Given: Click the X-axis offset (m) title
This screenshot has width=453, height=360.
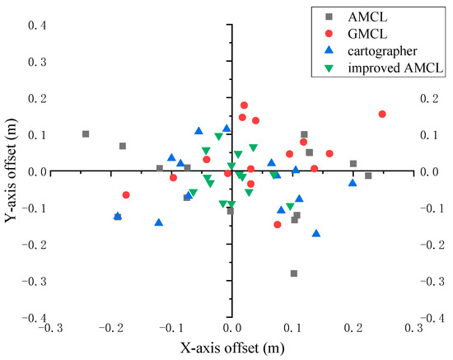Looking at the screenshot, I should point(232,348).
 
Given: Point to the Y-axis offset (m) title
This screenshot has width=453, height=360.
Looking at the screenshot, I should point(12,171).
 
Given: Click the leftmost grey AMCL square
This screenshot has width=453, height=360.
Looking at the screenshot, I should point(86,134).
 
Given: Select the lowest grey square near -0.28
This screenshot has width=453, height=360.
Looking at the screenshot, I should point(293,274).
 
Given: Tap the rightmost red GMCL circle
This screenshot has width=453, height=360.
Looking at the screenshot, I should point(382,115).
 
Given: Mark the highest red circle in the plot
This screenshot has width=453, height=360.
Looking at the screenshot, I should point(244,105).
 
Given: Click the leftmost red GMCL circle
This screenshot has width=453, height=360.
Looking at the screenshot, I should point(126,195).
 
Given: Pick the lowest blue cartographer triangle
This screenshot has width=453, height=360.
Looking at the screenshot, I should point(316,234).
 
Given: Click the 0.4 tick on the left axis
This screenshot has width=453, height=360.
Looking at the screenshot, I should point(38,26).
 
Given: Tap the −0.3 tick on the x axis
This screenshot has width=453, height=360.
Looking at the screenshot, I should point(53,328).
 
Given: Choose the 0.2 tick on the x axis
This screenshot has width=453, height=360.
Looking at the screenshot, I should point(353,328).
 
